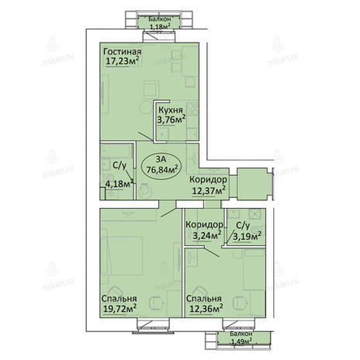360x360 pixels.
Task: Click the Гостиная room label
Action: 122,51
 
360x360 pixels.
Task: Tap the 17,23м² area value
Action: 123,61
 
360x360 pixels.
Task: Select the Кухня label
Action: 170,110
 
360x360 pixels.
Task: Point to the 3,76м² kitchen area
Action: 171,119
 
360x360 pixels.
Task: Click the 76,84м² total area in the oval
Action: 162,170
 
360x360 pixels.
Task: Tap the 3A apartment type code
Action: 161,160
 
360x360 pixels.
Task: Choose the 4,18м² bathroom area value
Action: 119,184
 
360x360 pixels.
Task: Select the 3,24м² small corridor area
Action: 207,235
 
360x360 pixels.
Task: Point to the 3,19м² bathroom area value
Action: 247,236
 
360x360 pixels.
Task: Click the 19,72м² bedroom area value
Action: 119,309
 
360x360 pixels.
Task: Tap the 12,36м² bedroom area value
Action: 206,309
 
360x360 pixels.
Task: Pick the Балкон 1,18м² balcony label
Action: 160,22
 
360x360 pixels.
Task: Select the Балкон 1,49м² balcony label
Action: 241,337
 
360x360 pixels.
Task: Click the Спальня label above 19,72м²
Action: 119,299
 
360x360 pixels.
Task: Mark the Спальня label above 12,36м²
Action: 204,299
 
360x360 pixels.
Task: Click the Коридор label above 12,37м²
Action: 209,179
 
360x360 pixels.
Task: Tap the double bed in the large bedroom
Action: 122,255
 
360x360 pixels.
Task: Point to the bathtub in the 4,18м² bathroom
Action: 116,151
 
